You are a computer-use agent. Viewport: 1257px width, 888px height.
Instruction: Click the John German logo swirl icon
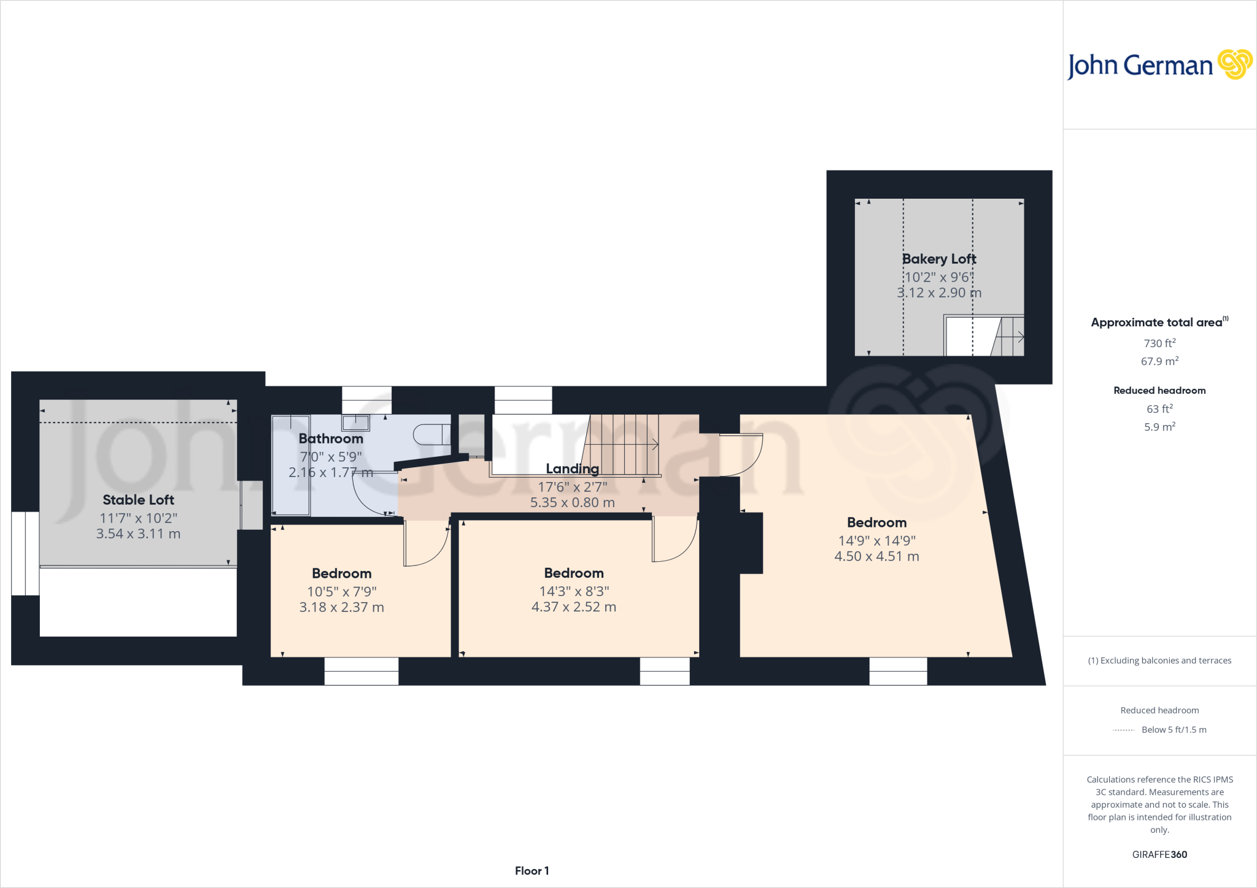(x=1234, y=64)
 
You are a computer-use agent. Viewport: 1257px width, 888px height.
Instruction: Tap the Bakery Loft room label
(x=938, y=259)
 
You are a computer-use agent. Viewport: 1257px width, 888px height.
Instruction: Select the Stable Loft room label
(x=138, y=500)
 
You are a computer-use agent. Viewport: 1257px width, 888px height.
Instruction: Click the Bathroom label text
(x=331, y=438)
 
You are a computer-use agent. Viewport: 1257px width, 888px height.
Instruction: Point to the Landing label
(x=572, y=469)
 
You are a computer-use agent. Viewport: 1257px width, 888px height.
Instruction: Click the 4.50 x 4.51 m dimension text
(x=876, y=556)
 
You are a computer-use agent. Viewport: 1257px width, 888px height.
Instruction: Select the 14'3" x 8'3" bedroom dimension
(x=574, y=591)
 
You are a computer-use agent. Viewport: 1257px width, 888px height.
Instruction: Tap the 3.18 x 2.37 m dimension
(x=341, y=607)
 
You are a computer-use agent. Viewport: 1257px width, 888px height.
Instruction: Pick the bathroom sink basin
(x=355, y=423)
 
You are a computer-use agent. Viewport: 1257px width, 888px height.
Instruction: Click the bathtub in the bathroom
(x=291, y=465)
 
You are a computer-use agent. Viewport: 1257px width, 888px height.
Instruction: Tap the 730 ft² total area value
(x=1159, y=343)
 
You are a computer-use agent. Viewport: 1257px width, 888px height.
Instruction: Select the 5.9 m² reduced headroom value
(x=1159, y=427)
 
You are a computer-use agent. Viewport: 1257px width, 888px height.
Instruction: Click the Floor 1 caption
(x=532, y=871)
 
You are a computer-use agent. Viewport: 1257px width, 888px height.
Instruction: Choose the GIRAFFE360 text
(x=1159, y=854)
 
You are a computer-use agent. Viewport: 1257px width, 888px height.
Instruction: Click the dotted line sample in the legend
(x=1123, y=730)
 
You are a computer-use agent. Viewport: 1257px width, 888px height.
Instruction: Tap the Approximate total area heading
(x=1156, y=323)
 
